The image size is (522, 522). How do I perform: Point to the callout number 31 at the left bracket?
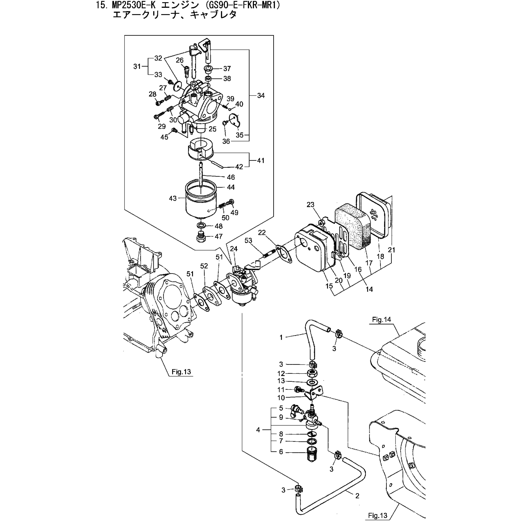pyautogui.click(x=137, y=66)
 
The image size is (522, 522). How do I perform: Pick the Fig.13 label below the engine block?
pyautogui.click(x=181, y=372)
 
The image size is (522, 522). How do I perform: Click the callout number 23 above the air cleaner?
pyautogui.click(x=310, y=205)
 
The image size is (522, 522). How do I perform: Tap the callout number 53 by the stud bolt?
pyautogui.click(x=248, y=241)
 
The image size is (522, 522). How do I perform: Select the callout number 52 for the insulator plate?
pyautogui.click(x=204, y=266)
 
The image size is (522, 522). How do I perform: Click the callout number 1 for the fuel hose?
pyautogui.click(x=281, y=337)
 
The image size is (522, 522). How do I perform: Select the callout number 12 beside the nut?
pyautogui.click(x=281, y=373)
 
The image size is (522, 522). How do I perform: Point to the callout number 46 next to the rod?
pyautogui.click(x=231, y=177)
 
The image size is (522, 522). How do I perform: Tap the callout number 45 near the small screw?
pyautogui.click(x=164, y=137)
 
